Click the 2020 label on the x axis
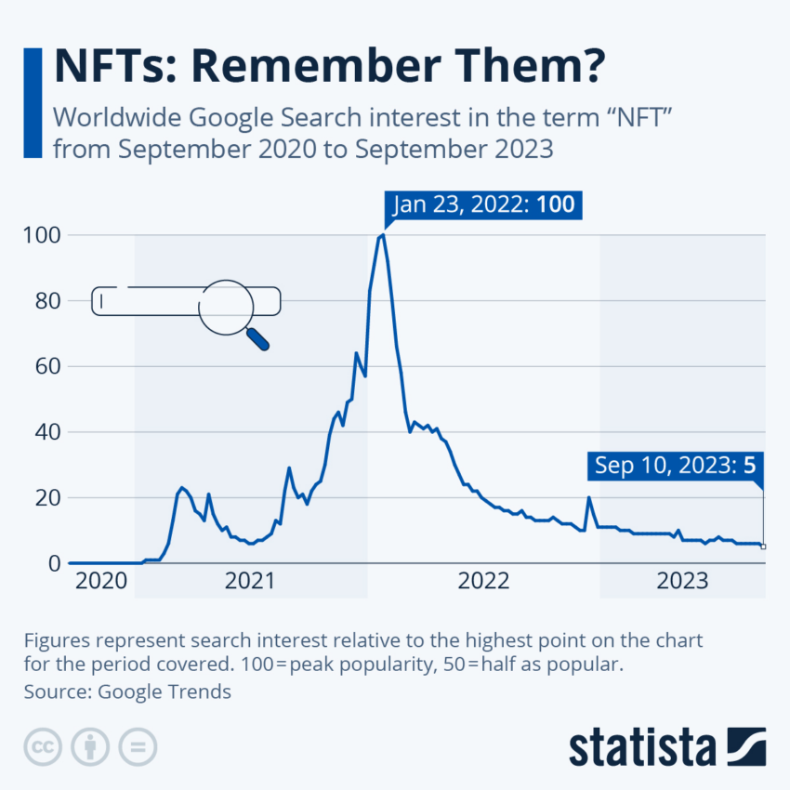[101, 582]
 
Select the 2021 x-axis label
[251, 582]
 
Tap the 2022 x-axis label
[483, 582]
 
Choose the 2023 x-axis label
[683, 582]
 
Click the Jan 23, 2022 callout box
[483, 204]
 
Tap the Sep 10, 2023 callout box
[675, 465]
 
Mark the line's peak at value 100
[382, 235]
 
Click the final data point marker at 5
[763, 546]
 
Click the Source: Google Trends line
[127, 691]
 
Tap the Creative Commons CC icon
[41, 746]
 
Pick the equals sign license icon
[138, 746]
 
